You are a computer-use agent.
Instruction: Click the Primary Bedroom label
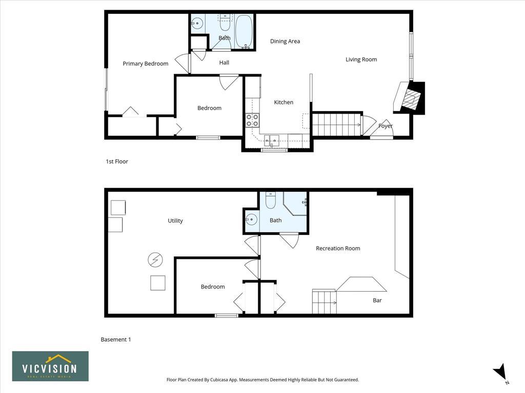tap(145, 63)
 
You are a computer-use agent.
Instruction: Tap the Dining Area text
tap(285, 41)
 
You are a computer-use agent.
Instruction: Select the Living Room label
tap(361, 59)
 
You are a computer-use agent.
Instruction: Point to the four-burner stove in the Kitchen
tap(252, 120)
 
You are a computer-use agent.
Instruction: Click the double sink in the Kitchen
tap(272, 140)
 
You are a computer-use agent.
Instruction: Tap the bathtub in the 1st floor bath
tap(244, 31)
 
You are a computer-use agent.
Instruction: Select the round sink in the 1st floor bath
tap(197, 23)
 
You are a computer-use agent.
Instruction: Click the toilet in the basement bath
tap(271, 200)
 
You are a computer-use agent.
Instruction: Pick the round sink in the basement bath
tap(251, 220)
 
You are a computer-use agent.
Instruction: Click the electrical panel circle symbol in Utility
tap(155, 259)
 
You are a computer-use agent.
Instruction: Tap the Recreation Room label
tap(338, 248)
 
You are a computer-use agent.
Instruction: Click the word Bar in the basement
tap(377, 300)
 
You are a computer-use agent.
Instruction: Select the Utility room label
tap(175, 221)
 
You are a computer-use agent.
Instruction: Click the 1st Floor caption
tap(117, 161)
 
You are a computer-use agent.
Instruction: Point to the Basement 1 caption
tap(116, 340)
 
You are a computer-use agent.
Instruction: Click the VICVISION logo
tap(50, 366)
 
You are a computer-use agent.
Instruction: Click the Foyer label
tap(386, 126)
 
